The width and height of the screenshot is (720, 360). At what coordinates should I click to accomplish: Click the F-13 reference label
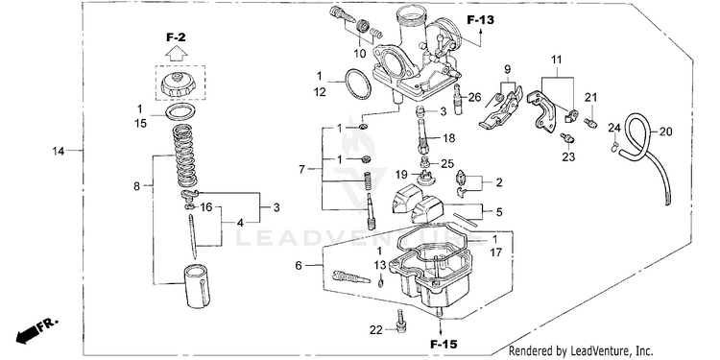click(x=481, y=20)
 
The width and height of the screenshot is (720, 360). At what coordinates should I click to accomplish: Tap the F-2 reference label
click(x=176, y=37)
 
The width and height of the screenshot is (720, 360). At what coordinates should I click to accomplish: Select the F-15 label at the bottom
click(x=444, y=344)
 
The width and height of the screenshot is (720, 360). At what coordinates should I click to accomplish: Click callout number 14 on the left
click(x=59, y=151)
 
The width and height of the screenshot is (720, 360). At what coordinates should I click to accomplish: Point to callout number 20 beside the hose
click(x=665, y=132)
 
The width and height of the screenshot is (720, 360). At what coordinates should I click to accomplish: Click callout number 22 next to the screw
click(x=376, y=329)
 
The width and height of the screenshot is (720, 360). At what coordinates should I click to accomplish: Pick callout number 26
click(x=475, y=97)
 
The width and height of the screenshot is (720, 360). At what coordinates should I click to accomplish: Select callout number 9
click(x=508, y=70)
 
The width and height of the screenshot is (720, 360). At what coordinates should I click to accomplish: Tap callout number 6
click(x=299, y=265)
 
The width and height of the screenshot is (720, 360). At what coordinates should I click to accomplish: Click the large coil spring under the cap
click(x=185, y=156)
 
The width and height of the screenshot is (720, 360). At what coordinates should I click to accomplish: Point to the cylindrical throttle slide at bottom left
click(x=197, y=287)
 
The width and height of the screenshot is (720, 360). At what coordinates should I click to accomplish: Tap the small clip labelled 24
click(x=614, y=147)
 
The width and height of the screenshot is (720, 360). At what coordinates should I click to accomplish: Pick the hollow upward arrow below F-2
click(x=176, y=54)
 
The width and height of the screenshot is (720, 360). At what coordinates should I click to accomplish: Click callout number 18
click(x=448, y=137)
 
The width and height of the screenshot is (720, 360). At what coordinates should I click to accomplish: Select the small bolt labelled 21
click(x=590, y=122)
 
